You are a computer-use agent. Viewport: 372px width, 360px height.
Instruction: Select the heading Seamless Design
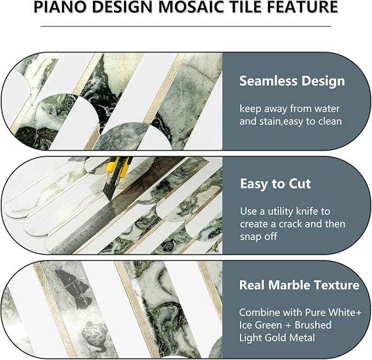pyautogui.click(x=292, y=81)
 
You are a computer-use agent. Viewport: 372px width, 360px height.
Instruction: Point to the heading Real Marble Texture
pyautogui.click(x=299, y=285)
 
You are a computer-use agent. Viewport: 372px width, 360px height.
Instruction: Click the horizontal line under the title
pyautogui.click(x=186, y=25)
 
